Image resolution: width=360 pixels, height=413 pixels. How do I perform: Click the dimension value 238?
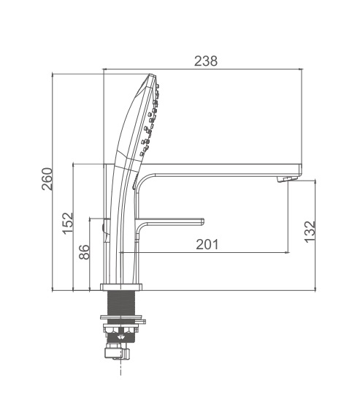tap(206, 61)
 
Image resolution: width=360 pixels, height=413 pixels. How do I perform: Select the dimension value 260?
tap(47, 179)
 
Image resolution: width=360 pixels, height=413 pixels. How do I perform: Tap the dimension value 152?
tap(68, 223)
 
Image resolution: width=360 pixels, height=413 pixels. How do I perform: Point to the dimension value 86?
tap(85, 252)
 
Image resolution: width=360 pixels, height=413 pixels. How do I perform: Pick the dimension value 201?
tap(207, 244)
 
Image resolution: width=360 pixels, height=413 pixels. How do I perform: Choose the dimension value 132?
tap(310, 232)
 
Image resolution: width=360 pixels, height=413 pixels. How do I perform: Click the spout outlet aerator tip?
tap(286, 179)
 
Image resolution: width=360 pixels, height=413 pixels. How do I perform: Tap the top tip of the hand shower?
tap(151, 75)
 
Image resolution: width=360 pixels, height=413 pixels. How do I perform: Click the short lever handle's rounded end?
tap(202, 221)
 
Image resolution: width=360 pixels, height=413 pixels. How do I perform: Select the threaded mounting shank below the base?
tap(121, 303)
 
